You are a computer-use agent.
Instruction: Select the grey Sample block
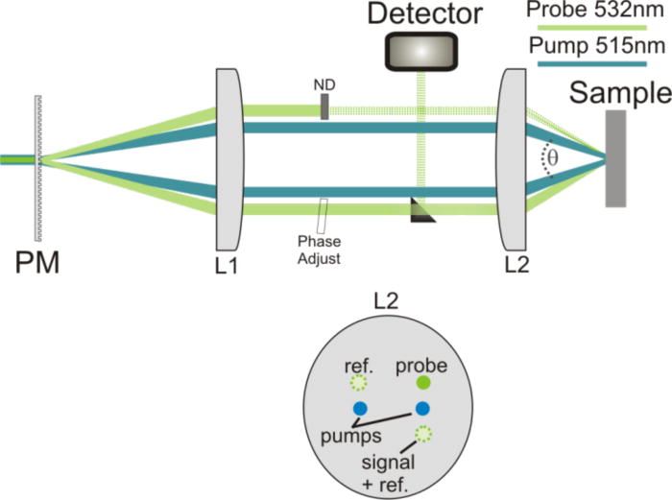coord(615,158)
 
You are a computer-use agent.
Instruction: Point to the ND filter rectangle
coord(325,106)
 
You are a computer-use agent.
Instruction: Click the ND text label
coord(325,84)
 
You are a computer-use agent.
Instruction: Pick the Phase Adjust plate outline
coord(324,212)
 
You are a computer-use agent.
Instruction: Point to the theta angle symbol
coord(552,153)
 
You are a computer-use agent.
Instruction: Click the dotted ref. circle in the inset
coord(359,384)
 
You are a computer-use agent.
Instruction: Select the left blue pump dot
coord(360,409)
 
